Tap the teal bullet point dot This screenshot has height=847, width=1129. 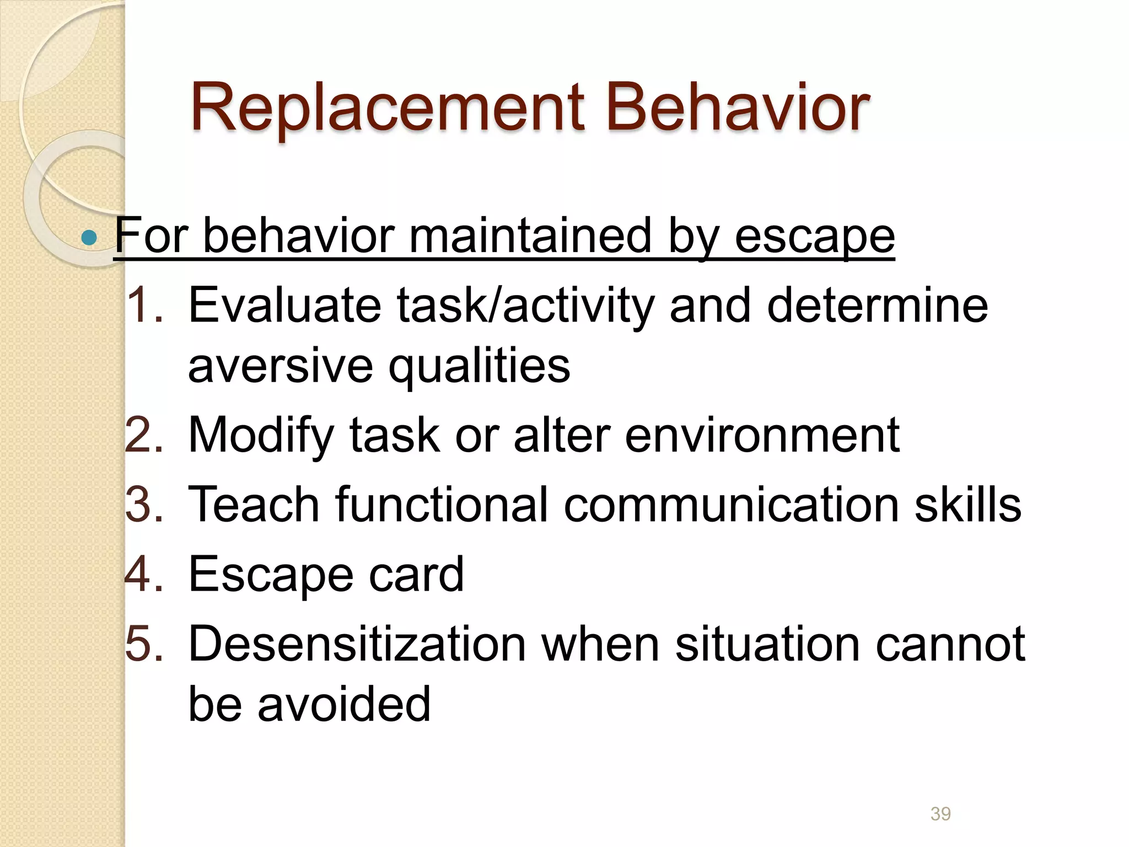tap(88, 238)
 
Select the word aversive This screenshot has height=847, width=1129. tap(281, 366)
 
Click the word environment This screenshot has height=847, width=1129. tap(762, 436)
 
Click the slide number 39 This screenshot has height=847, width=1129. tap(940, 813)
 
